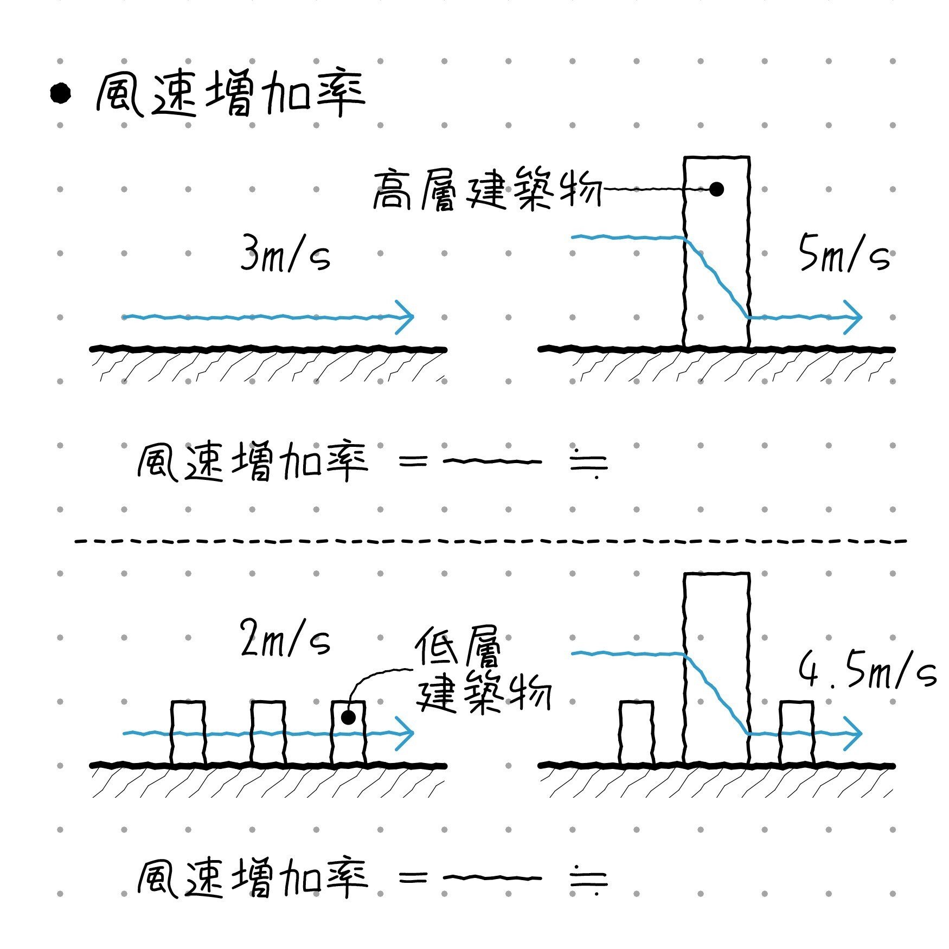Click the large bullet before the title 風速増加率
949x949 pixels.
(60, 93)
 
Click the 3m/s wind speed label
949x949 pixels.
(285, 253)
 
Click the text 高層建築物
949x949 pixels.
(486, 190)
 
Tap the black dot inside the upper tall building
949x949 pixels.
(716, 189)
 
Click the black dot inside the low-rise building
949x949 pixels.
(348, 717)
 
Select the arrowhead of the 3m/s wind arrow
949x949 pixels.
(406, 317)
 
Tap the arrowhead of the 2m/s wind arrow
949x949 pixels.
(406, 733)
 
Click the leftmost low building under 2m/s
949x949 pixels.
(188, 732)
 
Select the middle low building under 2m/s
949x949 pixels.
(268, 732)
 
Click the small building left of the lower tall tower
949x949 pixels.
(636, 732)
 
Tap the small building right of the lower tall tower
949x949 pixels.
(797, 732)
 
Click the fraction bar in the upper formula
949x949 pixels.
(492, 462)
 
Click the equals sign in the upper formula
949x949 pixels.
(413, 462)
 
